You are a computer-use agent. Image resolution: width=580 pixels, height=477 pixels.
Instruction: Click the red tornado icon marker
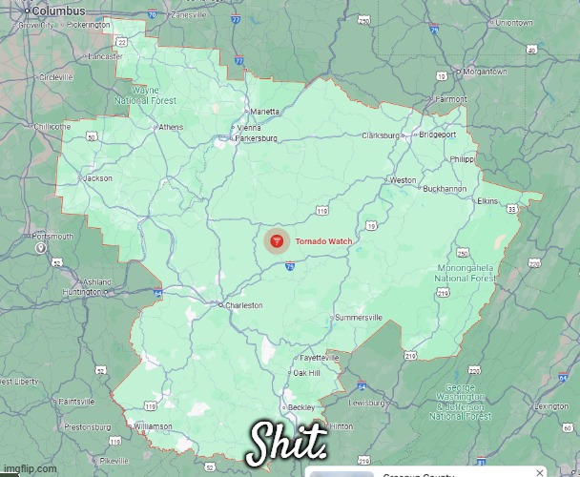tap(278, 241)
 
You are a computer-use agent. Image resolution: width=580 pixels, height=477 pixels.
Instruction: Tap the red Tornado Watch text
tap(323, 241)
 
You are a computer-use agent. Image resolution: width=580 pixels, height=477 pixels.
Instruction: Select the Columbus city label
tap(58, 10)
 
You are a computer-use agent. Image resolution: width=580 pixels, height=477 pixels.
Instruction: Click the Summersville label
tap(359, 317)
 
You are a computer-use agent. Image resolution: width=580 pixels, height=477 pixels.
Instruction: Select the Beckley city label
tap(301, 406)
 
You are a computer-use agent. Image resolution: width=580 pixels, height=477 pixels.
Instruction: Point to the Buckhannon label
tap(445, 189)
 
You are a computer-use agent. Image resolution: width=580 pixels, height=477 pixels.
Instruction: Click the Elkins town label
tap(487, 201)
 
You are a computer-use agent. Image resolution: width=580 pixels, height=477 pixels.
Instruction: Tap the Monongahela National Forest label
tap(466, 273)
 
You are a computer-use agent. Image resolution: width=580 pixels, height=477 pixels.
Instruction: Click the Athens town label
tap(171, 127)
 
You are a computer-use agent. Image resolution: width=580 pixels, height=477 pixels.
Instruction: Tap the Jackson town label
tap(98, 178)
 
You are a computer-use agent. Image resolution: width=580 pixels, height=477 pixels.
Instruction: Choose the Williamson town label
tap(153, 425)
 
